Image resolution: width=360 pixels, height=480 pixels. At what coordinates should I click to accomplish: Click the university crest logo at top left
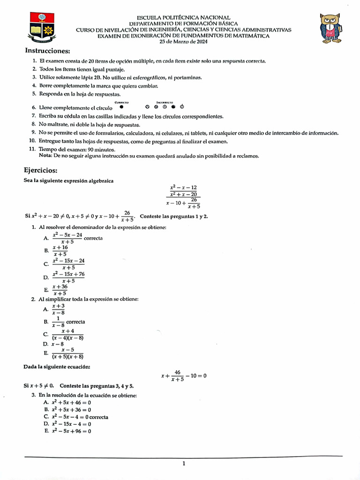[41, 28]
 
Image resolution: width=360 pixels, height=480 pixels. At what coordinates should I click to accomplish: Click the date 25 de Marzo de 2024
[183, 42]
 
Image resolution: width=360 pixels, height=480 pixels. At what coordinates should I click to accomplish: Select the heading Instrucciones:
[47, 51]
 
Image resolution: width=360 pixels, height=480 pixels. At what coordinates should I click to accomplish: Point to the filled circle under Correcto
[121, 106]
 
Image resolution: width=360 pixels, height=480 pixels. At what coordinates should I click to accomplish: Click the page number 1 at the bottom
[184, 464]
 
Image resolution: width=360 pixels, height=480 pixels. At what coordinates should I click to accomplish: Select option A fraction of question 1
[67, 238]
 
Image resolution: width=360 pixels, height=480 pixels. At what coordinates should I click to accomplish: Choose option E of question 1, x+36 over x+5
[60, 290]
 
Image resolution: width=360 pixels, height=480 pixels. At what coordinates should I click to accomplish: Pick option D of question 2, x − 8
[58, 344]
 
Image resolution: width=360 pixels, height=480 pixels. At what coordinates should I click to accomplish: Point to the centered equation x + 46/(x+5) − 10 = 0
[183, 376]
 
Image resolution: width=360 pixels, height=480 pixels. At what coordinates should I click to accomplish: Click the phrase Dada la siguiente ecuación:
[54, 367]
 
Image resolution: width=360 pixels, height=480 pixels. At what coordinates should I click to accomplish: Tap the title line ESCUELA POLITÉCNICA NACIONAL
[183, 17]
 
